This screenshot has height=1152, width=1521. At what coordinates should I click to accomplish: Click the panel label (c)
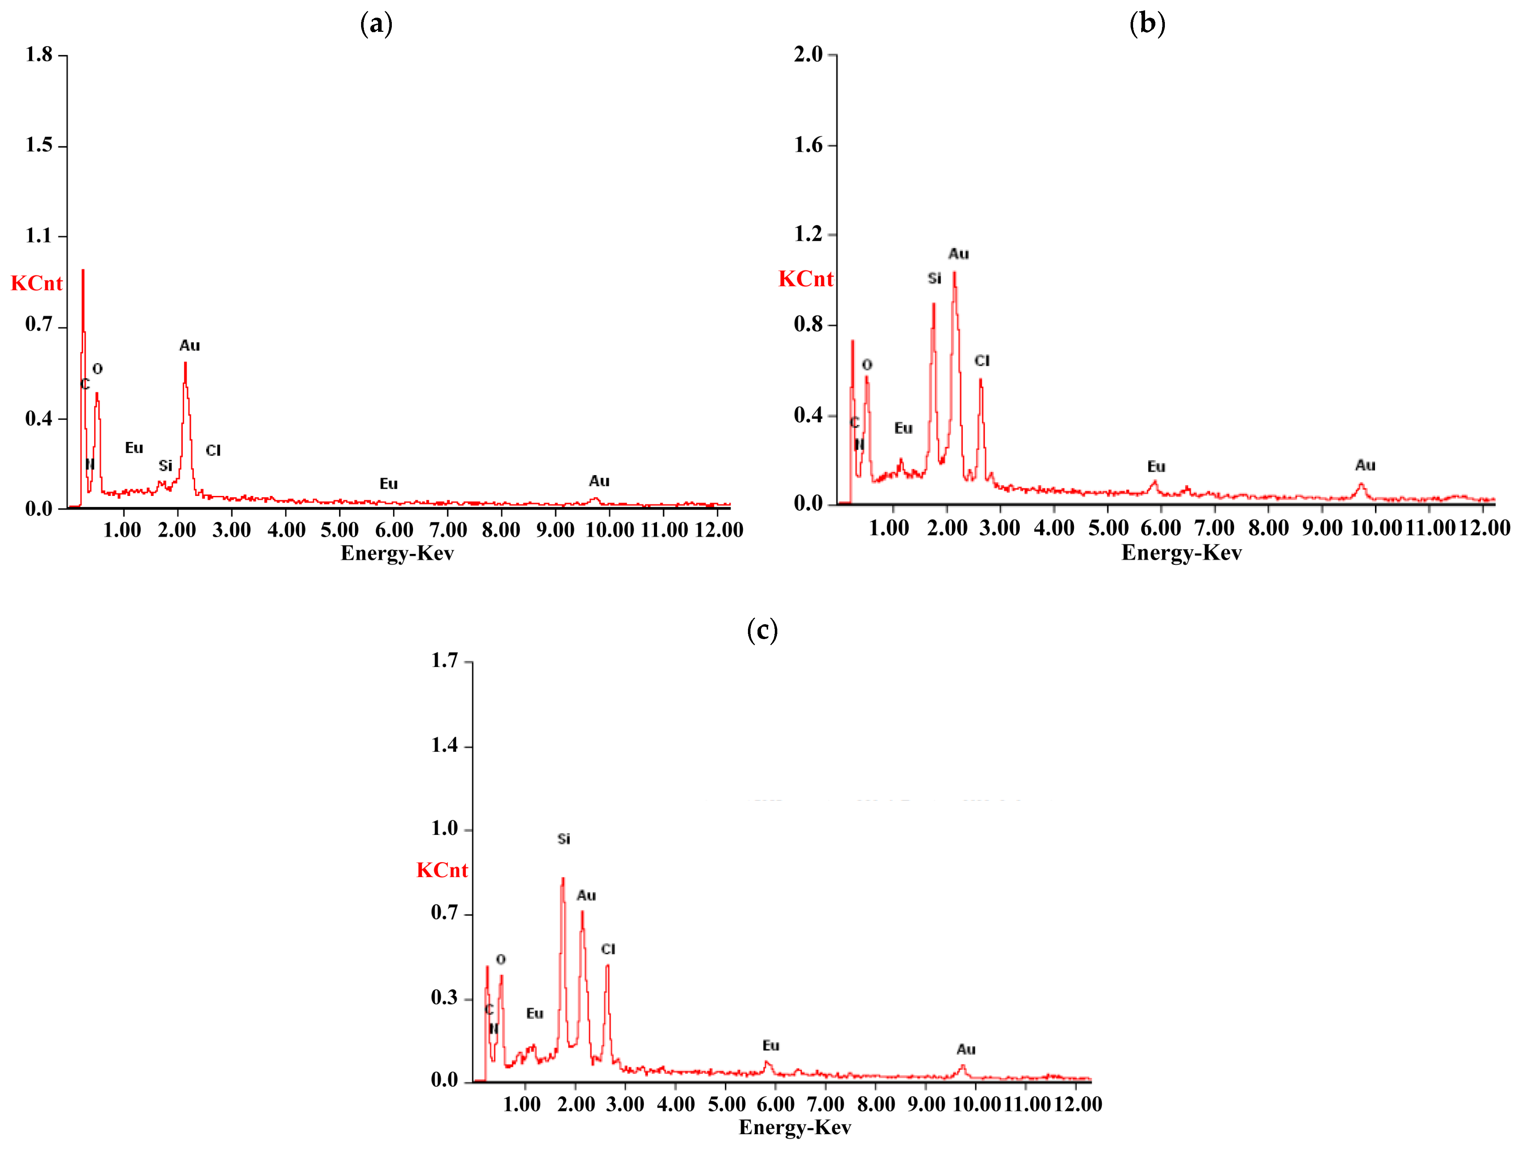[x=762, y=630]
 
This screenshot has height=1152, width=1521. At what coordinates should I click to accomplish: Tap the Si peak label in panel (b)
[x=934, y=279]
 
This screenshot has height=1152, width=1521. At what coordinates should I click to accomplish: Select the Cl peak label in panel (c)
[x=608, y=949]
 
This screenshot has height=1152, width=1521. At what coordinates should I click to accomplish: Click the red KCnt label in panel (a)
[x=36, y=283]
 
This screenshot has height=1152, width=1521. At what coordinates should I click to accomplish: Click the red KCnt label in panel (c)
[x=442, y=870]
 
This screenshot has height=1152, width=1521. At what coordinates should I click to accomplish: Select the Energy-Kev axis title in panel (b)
[x=1181, y=552]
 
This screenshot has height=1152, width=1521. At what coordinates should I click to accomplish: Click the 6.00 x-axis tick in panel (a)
[x=394, y=530]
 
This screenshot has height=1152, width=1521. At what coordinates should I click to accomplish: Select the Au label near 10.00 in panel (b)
[x=1365, y=465]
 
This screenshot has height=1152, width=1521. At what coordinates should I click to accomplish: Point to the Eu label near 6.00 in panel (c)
[x=771, y=1046]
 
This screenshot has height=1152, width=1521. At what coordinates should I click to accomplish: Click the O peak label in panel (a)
[x=98, y=369]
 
